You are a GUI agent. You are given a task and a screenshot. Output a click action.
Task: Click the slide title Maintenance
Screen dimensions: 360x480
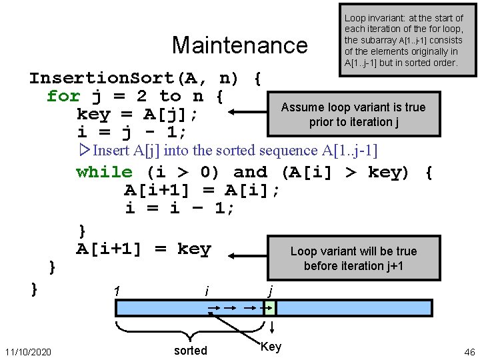239,45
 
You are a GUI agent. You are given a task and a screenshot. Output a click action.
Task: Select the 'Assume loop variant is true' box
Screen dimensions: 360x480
353,115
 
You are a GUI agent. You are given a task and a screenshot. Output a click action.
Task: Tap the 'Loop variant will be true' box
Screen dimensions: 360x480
353,259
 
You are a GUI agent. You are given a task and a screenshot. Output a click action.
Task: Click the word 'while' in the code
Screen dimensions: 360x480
105,172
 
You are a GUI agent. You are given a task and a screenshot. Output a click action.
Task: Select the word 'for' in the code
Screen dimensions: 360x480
63,96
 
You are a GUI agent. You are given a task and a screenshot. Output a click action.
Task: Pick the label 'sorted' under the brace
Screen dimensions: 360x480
191,351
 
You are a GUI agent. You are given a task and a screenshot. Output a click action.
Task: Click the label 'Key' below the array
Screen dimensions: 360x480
271,347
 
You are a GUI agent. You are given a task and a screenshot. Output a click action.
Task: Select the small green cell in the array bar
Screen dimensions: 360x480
269,308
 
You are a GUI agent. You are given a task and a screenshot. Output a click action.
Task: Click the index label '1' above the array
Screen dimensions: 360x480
117,291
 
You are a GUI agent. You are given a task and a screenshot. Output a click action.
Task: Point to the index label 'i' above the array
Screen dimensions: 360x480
207,291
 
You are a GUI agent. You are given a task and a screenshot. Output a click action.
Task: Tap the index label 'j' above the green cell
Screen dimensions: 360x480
270,291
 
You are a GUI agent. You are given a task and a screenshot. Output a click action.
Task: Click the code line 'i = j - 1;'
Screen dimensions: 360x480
131,133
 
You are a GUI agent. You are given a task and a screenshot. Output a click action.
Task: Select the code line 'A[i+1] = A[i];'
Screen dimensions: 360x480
202,191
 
